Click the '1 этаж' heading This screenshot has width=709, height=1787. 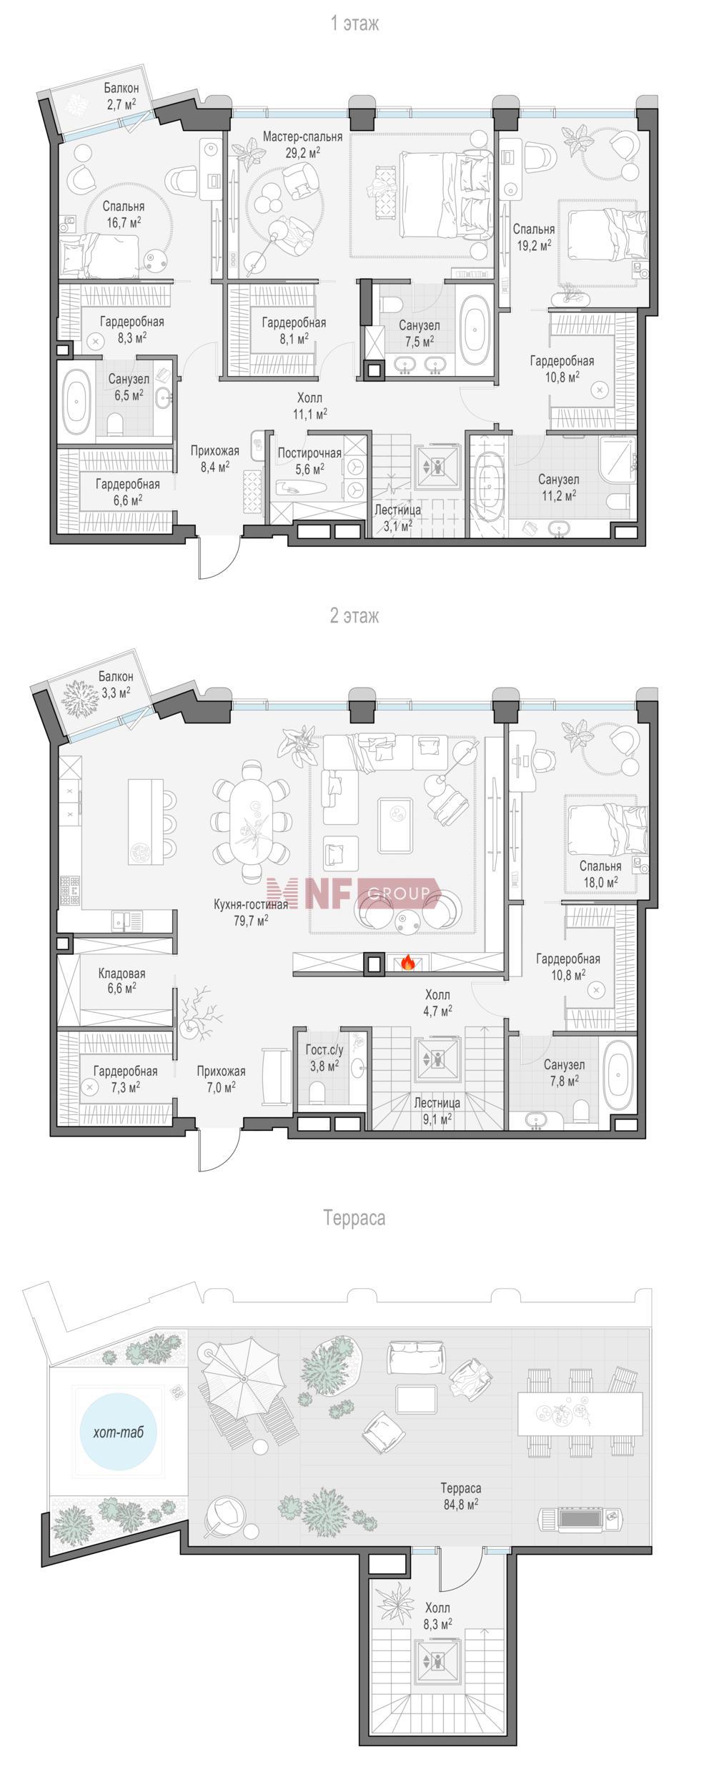(354, 24)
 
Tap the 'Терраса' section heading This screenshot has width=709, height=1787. (354, 1217)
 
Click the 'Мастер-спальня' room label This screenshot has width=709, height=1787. (302, 137)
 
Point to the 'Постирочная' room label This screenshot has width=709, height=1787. (309, 453)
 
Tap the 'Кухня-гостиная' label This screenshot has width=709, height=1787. (251, 904)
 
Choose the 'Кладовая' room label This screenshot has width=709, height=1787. (122, 974)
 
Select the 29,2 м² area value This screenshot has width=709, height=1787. (302, 152)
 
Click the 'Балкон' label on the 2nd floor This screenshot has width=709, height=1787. (115, 676)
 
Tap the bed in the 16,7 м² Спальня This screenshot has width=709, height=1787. (100, 255)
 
